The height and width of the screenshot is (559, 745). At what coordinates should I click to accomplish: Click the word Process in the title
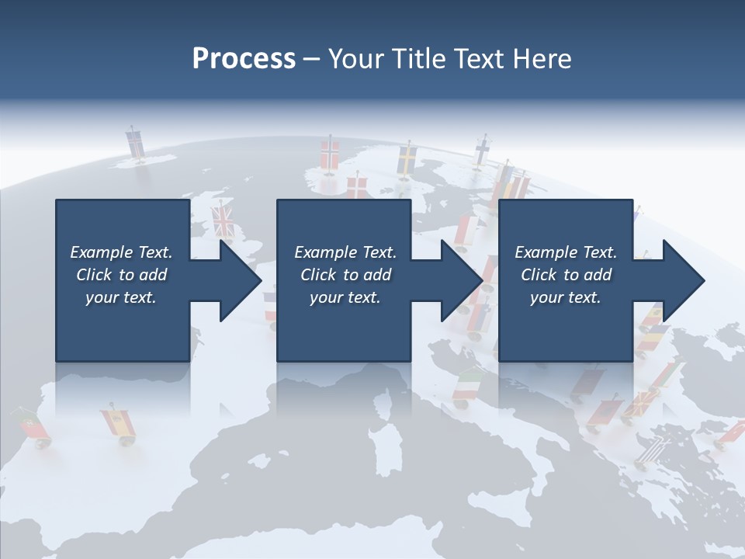[244, 58]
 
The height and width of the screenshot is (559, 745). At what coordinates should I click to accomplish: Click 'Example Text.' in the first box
[121, 252]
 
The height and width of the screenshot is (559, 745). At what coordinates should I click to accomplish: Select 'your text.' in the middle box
[345, 297]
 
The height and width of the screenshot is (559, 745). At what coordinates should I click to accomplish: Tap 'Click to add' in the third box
[566, 275]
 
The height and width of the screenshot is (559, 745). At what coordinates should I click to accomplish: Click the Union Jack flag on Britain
[223, 220]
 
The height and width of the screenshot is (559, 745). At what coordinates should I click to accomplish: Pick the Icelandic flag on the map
[135, 144]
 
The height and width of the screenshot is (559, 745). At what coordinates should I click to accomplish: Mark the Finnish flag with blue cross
[481, 150]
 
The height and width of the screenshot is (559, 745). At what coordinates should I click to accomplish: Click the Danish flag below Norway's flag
[356, 187]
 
